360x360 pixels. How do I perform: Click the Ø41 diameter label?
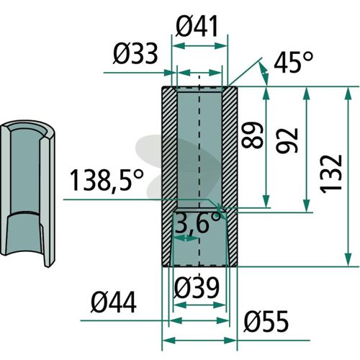pos(197,27)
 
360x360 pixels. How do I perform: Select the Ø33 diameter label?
pos(135,54)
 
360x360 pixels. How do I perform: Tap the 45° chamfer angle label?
pos(294,62)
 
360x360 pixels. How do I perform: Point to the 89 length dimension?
pos(253,135)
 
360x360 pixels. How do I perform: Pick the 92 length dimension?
pos(287,140)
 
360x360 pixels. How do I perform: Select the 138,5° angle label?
pos(107,180)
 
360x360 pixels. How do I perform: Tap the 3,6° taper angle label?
pos(197,222)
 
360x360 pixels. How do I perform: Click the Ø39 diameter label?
pos(197,287)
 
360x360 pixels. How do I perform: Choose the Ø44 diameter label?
pos(114,302)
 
